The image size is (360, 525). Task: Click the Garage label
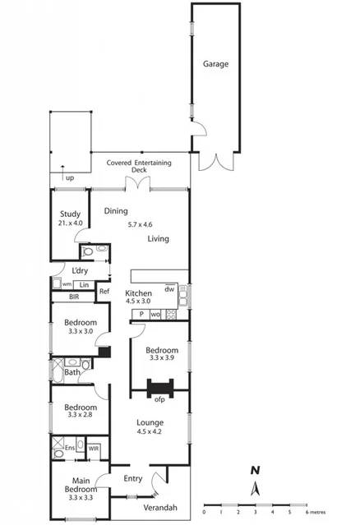[216, 64]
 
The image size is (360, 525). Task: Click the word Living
[159, 239]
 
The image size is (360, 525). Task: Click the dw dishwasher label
[168, 288]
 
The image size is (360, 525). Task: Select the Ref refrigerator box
[104, 291]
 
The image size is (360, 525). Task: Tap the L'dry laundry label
[80, 271]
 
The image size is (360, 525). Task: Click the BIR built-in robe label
[73, 297]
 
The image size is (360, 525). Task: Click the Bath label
[72, 372]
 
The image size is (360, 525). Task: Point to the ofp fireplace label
[159, 400]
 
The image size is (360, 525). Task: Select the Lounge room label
[150, 423]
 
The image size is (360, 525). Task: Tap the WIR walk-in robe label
[93, 449]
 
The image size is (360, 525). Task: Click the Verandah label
[159, 507]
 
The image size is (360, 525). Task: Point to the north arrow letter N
[256, 471]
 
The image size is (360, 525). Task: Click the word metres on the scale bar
[321, 512]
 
